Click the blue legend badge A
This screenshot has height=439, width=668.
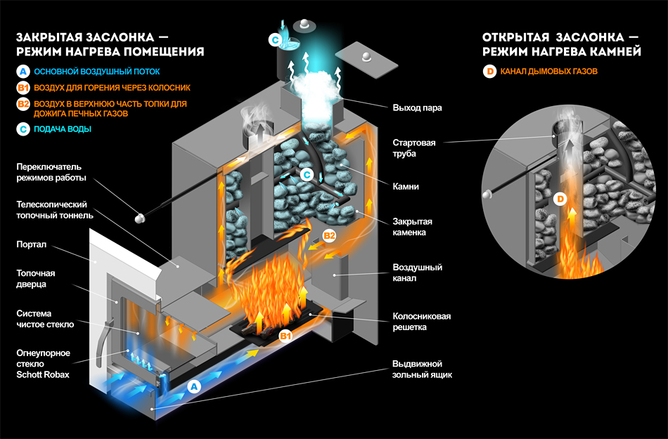tap(23, 72)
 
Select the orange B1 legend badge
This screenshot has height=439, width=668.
tap(23, 88)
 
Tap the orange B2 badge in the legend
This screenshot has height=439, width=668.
tap(23, 105)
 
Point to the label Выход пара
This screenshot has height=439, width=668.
tap(412, 108)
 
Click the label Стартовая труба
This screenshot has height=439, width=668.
tap(414, 148)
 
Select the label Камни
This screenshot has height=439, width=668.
tap(406, 187)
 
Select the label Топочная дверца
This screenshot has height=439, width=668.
tap(34, 278)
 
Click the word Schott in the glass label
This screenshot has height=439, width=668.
tap(30, 374)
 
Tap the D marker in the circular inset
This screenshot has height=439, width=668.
tap(560, 199)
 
